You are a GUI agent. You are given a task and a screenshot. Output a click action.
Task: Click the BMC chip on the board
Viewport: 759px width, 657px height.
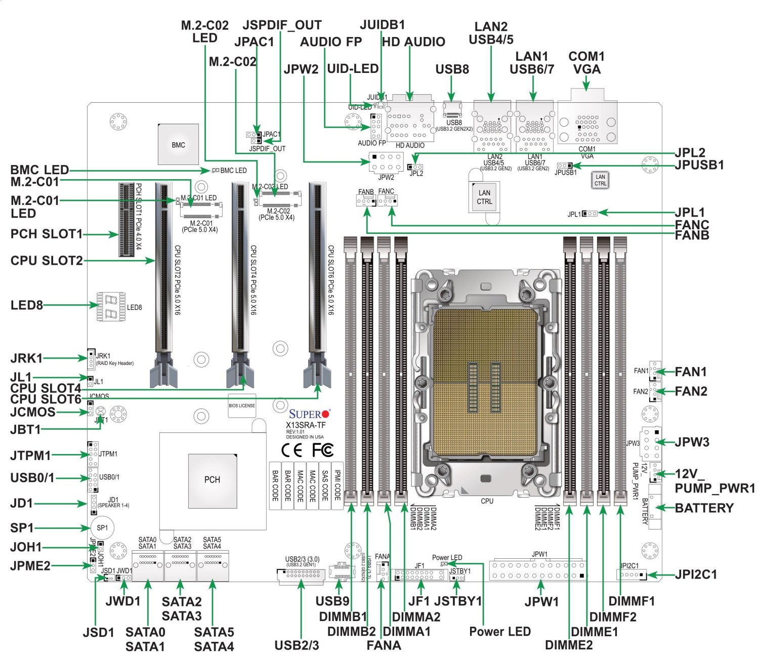(x=178, y=144)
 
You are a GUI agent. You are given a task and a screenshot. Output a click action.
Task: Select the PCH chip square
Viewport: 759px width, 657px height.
(x=213, y=479)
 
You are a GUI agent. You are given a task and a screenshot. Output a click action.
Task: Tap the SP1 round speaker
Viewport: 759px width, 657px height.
(x=102, y=527)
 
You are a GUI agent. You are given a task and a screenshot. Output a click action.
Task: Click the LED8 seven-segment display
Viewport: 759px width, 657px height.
(x=111, y=306)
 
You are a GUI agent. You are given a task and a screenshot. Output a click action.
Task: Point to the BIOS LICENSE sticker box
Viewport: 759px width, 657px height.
(x=242, y=405)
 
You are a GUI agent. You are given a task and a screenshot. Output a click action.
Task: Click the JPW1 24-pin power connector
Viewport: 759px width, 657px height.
(x=538, y=570)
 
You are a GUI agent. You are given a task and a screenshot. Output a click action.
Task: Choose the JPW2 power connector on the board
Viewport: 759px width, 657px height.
(x=386, y=162)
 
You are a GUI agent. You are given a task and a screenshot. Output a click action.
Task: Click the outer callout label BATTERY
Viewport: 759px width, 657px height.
(x=704, y=508)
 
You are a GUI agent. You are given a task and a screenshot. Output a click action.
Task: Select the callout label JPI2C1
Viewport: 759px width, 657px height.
(x=696, y=574)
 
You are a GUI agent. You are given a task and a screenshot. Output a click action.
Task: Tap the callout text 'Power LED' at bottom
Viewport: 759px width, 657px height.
(x=499, y=631)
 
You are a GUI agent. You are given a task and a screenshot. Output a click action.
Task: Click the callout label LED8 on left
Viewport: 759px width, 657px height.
(x=26, y=305)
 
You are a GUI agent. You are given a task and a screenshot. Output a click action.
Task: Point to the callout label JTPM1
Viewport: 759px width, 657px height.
(x=30, y=455)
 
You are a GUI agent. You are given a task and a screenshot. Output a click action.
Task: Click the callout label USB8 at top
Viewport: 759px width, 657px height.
(x=452, y=69)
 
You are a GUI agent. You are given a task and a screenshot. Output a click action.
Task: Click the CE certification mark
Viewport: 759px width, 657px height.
(x=292, y=449)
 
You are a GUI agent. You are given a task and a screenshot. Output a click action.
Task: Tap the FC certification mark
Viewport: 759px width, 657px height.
(x=322, y=449)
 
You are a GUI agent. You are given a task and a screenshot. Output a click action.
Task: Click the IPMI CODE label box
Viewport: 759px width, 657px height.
(x=338, y=485)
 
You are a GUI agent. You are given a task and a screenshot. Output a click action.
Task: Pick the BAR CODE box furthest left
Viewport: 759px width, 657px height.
(x=275, y=485)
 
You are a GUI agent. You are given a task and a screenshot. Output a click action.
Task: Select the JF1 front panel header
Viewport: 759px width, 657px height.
(x=420, y=575)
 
